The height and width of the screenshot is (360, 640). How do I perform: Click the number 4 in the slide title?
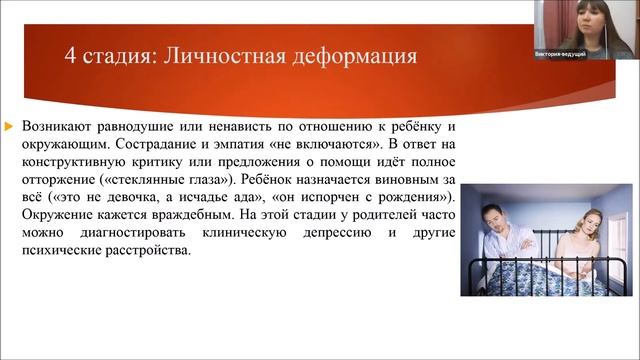[x=70, y=55]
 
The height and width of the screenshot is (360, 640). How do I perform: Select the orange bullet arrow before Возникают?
[x=10, y=126]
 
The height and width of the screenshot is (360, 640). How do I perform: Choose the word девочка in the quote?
[x=113, y=197]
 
